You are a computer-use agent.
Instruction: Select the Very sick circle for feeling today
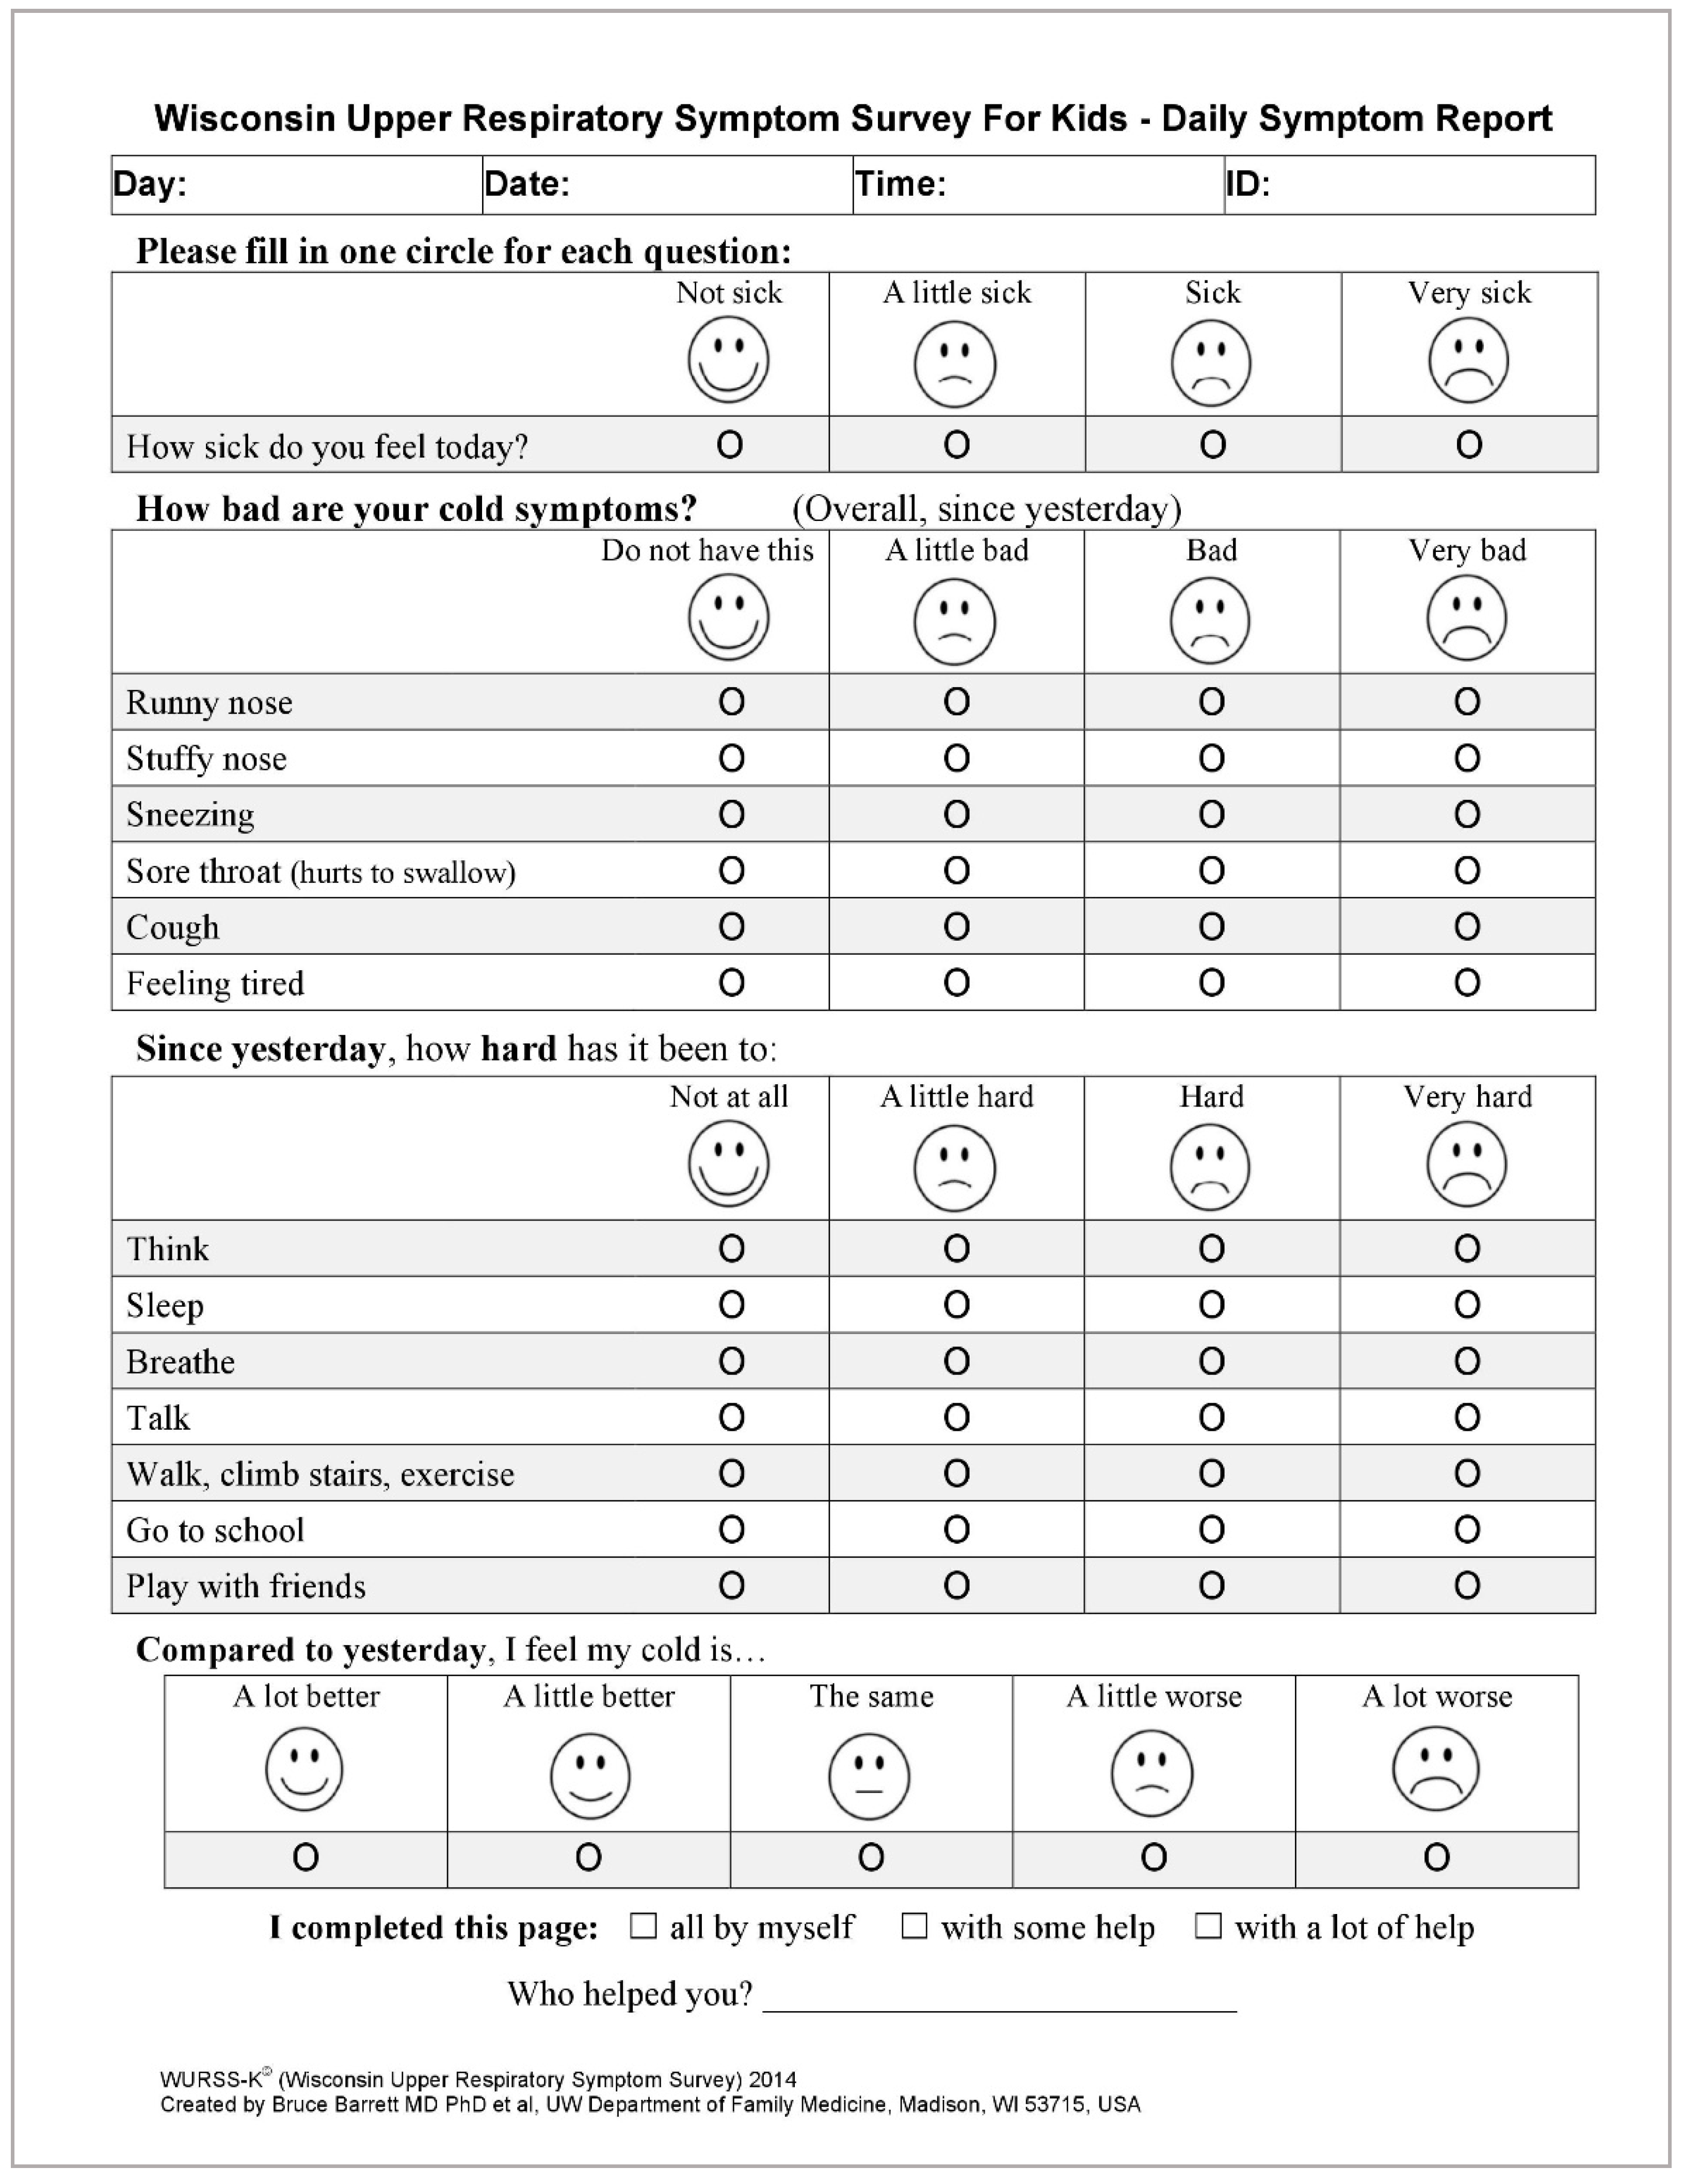pyautogui.click(x=1468, y=445)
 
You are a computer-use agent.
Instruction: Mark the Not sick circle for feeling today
pyautogui.click(x=730, y=445)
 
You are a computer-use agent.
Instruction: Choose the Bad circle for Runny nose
pyautogui.click(x=1211, y=702)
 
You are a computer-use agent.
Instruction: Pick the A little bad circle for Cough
pyautogui.click(x=956, y=927)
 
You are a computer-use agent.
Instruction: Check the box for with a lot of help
pyautogui.click(x=1208, y=1926)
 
